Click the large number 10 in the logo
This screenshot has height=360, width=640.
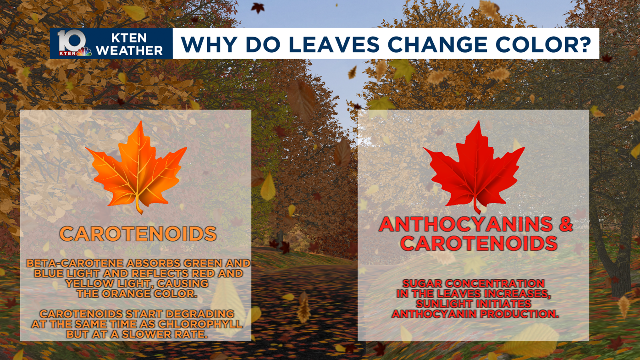[x=72, y=41]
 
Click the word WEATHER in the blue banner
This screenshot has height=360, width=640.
[x=129, y=50]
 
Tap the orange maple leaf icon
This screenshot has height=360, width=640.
[x=136, y=167]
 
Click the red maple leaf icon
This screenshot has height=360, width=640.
[x=474, y=167]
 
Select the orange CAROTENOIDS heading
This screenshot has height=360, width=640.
[x=138, y=234]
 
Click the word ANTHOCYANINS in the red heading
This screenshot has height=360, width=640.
[x=466, y=224]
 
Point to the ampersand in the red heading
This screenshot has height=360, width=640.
[x=566, y=224]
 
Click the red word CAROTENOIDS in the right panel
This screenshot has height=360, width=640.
[x=479, y=243]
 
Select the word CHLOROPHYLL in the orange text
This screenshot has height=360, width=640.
[x=200, y=324]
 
